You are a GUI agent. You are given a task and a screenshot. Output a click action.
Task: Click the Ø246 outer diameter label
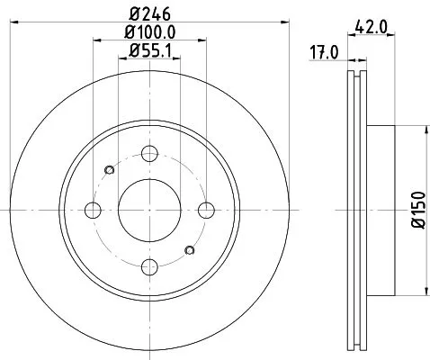click(149, 13)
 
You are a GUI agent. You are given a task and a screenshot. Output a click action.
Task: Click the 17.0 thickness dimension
click(323, 51)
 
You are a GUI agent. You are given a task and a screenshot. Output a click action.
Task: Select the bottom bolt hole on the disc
click(150, 267)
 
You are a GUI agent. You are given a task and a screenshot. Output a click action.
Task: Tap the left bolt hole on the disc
click(93, 211)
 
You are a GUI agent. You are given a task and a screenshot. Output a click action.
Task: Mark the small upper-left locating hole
click(110, 170)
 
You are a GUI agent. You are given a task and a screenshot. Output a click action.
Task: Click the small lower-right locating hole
click(190, 250)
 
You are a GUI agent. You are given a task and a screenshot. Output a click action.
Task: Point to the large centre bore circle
click(150, 211)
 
